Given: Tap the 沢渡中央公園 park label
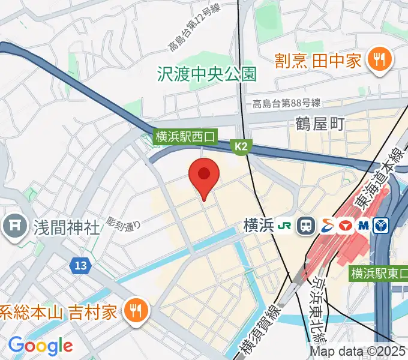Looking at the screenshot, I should pyautogui.click(x=206, y=74).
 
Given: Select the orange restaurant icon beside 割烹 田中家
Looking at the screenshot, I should pyautogui.click(x=379, y=59).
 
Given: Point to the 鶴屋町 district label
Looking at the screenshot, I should pyautogui.click(x=320, y=124).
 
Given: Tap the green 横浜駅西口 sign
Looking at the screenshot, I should pyautogui.click(x=185, y=137).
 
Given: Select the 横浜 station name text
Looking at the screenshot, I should pyautogui.click(x=259, y=226).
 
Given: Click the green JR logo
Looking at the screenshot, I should pyautogui.click(x=286, y=226).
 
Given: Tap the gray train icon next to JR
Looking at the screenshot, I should pyautogui.click(x=307, y=226).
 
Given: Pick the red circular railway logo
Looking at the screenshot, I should pyautogui.click(x=345, y=226).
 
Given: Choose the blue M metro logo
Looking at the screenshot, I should pyautogui.click(x=363, y=226).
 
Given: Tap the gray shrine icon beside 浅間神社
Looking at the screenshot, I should pyautogui.click(x=13, y=226).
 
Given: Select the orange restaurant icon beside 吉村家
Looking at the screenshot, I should pyautogui.click(x=136, y=310).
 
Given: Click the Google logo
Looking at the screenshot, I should pyautogui.click(x=40, y=346).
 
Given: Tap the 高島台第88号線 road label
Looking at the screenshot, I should pyautogui.click(x=286, y=103).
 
